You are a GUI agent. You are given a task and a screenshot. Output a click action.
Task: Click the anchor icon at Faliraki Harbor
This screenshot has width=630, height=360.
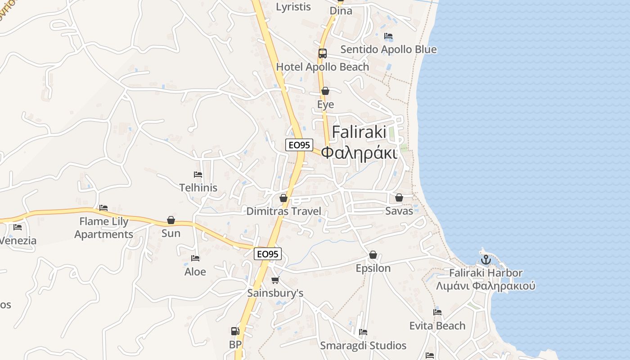(486, 260)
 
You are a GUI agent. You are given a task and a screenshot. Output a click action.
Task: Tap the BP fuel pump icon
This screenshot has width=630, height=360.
(235, 331)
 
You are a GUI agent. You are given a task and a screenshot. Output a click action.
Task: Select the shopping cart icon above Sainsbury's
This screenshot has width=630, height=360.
(275, 280)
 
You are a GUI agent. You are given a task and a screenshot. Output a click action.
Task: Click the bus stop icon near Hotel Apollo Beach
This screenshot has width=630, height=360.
(323, 54)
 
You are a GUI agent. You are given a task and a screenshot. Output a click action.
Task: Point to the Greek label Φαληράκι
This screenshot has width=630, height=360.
(359, 153)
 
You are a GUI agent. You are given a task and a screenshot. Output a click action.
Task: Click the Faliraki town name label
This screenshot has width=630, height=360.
(359, 132)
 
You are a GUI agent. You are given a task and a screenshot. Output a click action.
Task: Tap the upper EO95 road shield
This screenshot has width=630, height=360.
(299, 145)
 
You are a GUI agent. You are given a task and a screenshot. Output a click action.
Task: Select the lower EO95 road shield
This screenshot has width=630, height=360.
(268, 254)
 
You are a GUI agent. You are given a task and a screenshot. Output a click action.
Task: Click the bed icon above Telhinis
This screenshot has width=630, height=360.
(198, 175)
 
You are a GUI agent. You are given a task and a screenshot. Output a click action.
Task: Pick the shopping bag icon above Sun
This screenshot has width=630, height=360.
(171, 220)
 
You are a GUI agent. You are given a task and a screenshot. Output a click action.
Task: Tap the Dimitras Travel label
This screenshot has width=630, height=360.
(284, 211)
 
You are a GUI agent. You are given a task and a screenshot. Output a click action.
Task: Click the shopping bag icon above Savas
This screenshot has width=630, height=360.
(399, 198)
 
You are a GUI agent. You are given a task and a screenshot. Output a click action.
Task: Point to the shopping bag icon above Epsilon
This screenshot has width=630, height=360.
(373, 255)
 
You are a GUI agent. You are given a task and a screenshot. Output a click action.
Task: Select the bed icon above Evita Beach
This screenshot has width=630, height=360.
(437, 312)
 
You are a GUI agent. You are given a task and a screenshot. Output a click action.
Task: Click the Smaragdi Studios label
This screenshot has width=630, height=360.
(363, 346)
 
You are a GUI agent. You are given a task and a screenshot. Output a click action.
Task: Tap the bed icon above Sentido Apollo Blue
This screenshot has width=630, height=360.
(388, 36)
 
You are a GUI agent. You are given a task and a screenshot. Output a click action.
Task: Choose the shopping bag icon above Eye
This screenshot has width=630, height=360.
(325, 91)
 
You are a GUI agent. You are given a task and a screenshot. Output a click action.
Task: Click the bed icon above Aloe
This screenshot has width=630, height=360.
(195, 258)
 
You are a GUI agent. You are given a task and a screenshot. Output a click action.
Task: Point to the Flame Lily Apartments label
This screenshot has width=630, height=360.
(104, 228)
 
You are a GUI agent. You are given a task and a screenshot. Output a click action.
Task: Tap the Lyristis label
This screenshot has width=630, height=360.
(293, 7)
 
